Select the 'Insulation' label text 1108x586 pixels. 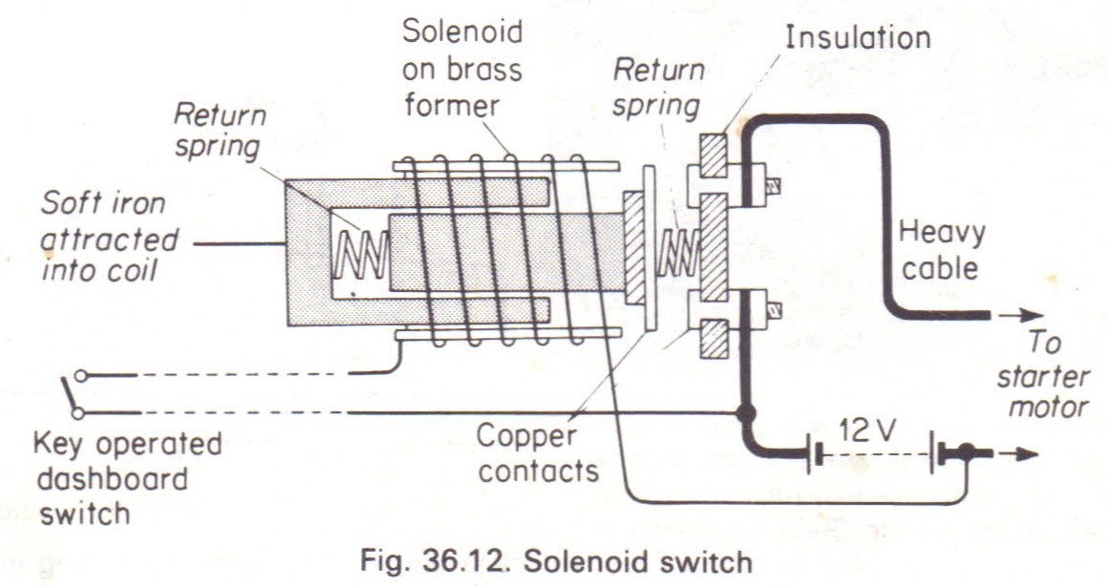click(857, 38)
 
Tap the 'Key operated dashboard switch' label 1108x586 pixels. click(126, 477)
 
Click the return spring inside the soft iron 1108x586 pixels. click(359, 251)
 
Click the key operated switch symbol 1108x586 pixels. click(72, 393)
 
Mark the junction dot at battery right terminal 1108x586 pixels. click(968, 452)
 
